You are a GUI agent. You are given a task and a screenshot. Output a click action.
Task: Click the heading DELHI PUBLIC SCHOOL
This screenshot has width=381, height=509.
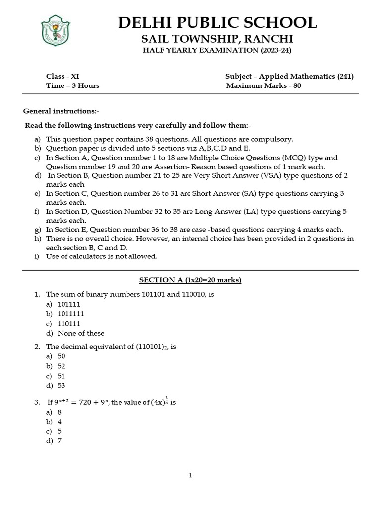216,22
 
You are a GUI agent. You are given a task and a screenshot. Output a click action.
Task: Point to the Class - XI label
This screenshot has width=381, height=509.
63,76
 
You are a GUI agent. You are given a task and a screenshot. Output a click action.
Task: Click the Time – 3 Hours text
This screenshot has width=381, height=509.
72,85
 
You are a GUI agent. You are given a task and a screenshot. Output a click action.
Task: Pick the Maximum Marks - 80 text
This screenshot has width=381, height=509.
263,85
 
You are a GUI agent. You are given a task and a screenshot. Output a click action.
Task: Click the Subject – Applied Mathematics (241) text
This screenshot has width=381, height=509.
289,76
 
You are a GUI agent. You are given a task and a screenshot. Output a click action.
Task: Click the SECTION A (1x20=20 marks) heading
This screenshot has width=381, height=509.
190,280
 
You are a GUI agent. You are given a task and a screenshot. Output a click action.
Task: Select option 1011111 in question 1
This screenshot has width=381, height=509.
71,314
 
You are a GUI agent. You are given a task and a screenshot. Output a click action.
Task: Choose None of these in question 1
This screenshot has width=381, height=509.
81,333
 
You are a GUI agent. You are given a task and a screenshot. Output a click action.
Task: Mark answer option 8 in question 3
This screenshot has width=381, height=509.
60,412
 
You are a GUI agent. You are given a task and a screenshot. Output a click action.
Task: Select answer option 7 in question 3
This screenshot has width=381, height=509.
60,441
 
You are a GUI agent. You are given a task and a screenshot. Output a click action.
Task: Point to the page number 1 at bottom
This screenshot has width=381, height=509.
190,476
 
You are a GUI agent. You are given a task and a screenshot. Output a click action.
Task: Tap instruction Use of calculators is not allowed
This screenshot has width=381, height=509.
102,256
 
